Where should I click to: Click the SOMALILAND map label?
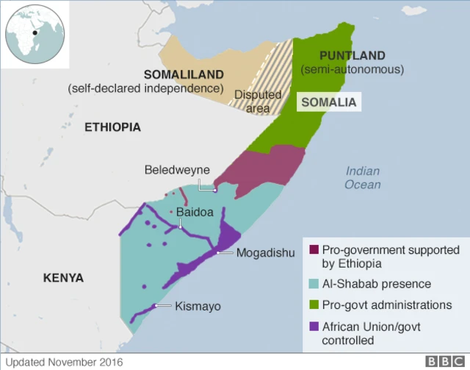pos(184,75)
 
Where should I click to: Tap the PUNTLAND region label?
pos(352,56)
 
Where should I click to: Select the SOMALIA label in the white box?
pos(330,102)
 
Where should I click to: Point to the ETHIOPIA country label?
pos(112,127)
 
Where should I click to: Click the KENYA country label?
pos(63,278)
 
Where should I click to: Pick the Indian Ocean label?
pos(364,178)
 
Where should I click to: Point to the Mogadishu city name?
pos(265,253)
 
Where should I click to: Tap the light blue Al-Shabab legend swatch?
pos(314,284)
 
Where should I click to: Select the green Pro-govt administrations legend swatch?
pos(314,305)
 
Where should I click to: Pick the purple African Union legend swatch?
pos(314,326)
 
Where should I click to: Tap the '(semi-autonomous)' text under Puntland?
pos(352,70)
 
